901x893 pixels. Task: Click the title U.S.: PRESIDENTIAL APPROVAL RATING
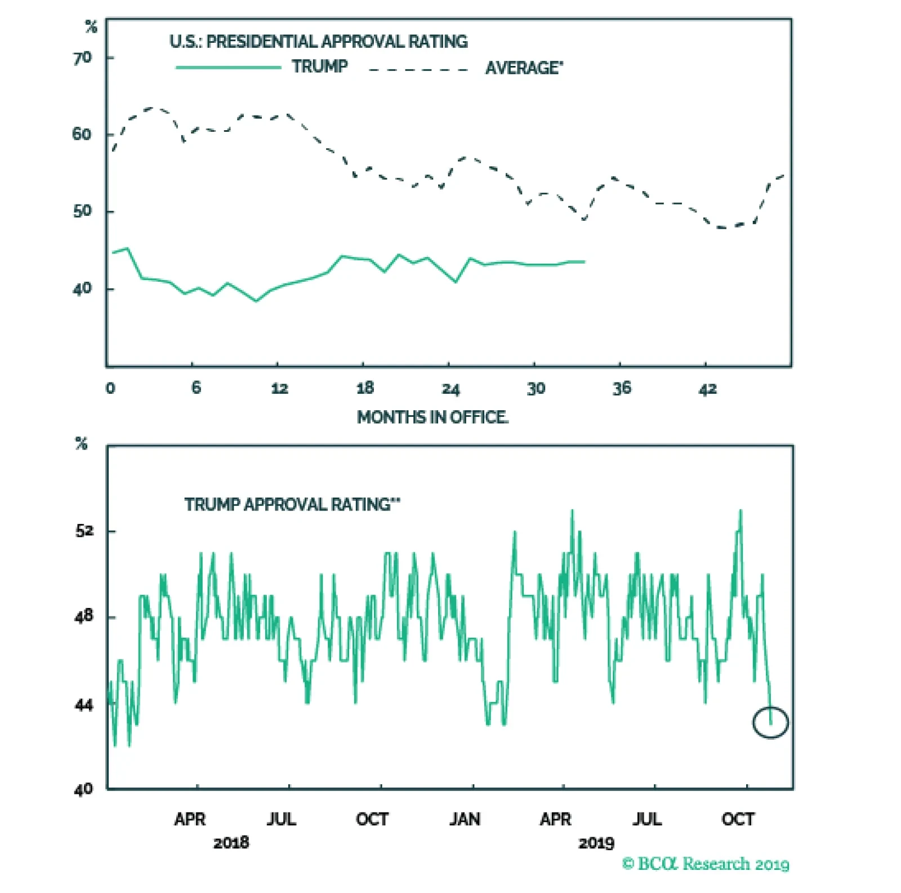coord(318,42)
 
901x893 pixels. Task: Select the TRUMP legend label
coord(319,66)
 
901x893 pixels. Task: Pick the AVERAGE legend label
coord(524,68)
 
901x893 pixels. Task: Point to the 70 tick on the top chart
coord(82,58)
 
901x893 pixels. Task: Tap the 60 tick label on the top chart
coord(82,135)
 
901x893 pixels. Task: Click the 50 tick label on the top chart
coord(82,212)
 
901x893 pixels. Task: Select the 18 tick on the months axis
coord(365,388)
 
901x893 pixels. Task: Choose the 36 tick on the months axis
coord(622,388)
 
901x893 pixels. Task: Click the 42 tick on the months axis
coord(708,389)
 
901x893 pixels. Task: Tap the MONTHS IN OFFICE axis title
coord(432,417)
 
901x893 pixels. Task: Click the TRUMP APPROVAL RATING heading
coord(292,504)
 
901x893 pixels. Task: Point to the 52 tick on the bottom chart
coord(84,531)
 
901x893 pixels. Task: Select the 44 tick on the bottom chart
coord(84,705)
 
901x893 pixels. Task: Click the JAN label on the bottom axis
coord(465,819)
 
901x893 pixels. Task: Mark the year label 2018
coord(231,843)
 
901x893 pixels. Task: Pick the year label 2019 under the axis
coord(596,843)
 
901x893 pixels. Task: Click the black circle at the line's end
coord(770,722)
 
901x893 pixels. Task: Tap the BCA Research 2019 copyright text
coord(706,864)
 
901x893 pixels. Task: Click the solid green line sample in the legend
coord(228,68)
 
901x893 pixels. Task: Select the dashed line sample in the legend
coord(418,70)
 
